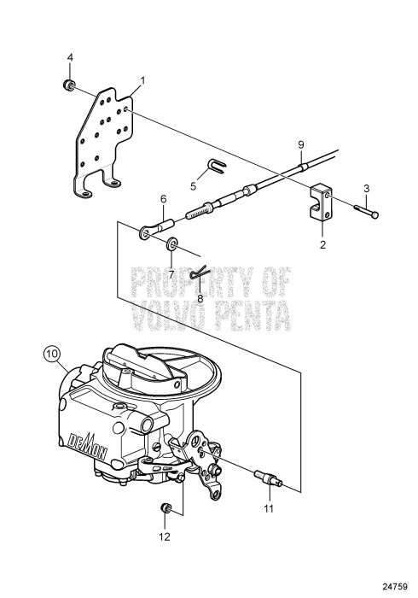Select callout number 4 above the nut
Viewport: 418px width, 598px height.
(71, 57)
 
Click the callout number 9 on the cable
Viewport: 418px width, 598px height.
(300, 143)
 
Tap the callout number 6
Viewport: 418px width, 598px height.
(163, 200)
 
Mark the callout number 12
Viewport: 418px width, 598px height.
(164, 536)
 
